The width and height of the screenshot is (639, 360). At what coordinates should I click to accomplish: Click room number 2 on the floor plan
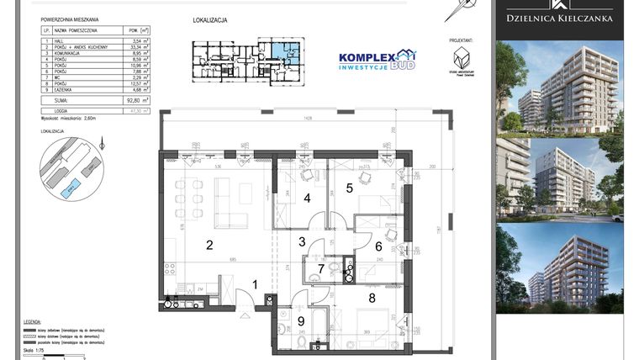210,245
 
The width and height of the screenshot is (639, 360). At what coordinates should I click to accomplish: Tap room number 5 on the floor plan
349,188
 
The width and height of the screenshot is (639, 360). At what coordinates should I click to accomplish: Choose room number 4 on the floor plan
308,199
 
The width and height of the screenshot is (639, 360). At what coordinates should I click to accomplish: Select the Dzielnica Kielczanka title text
559,18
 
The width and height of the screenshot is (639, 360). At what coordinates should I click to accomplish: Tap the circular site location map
72,170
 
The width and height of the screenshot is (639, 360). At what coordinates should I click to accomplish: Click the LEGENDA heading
32,322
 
